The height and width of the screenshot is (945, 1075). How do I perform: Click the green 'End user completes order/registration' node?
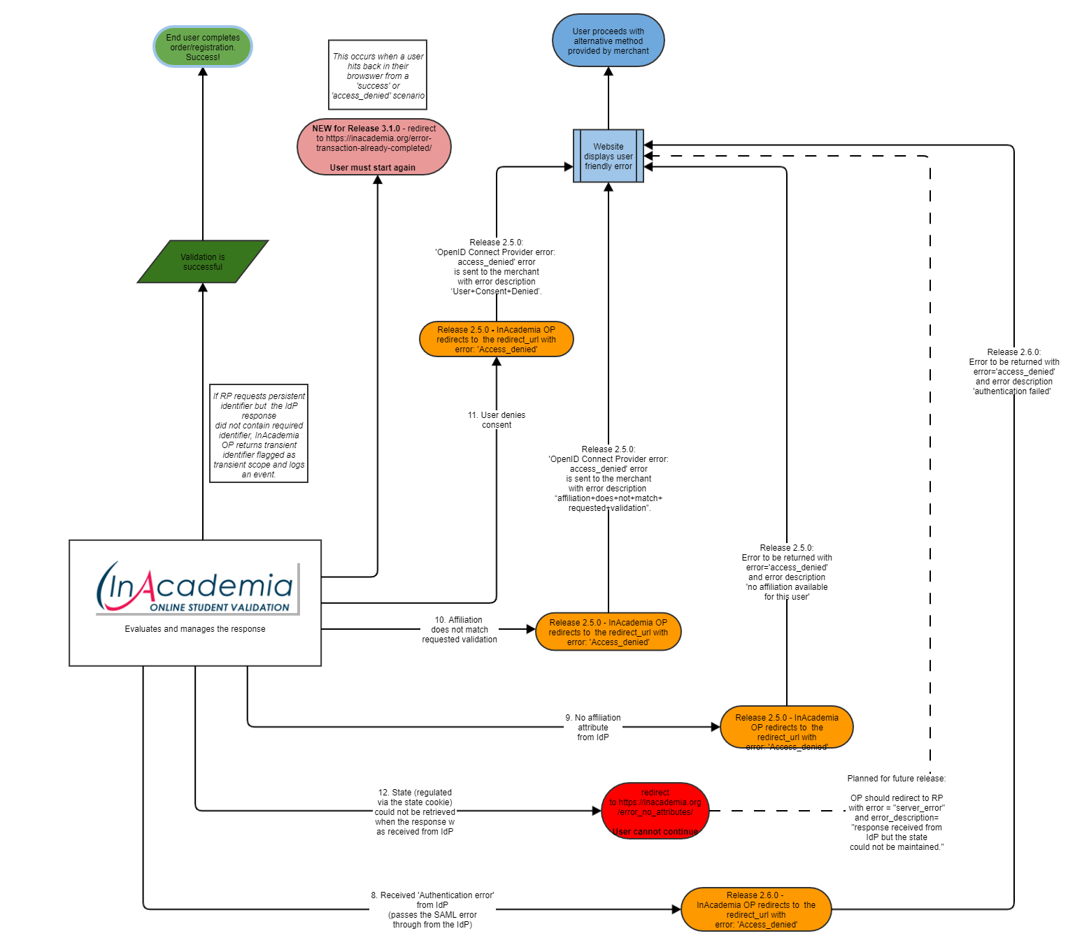click(203, 47)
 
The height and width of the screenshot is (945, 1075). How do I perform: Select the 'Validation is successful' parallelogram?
click(203, 262)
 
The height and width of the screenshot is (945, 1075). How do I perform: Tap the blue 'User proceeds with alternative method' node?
click(608, 41)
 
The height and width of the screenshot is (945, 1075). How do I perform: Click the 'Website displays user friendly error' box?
click(608, 157)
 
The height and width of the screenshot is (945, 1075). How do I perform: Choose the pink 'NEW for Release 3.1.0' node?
click(373, 147)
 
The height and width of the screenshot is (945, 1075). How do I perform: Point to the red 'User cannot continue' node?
click(655, 811)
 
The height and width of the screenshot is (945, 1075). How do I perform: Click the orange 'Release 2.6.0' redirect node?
click(755, 909)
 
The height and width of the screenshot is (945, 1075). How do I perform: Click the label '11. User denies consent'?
click(497, 420)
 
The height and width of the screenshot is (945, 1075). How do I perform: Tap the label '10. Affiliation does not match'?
click(460, 630)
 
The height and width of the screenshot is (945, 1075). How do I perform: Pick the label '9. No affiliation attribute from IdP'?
click(593, 728)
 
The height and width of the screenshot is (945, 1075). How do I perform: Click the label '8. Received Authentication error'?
click(432, 909)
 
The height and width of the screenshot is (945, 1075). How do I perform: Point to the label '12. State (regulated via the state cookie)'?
click(415, 812)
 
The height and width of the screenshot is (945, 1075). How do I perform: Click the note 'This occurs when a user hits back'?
click(378, 75)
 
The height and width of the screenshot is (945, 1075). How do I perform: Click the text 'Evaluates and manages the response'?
click(195, 629)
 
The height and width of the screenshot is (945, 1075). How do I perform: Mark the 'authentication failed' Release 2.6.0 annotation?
click(1013, 372)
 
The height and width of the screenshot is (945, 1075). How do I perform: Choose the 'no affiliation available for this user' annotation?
click(787, 572)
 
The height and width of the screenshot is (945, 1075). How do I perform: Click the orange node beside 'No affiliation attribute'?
click(787, 728)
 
